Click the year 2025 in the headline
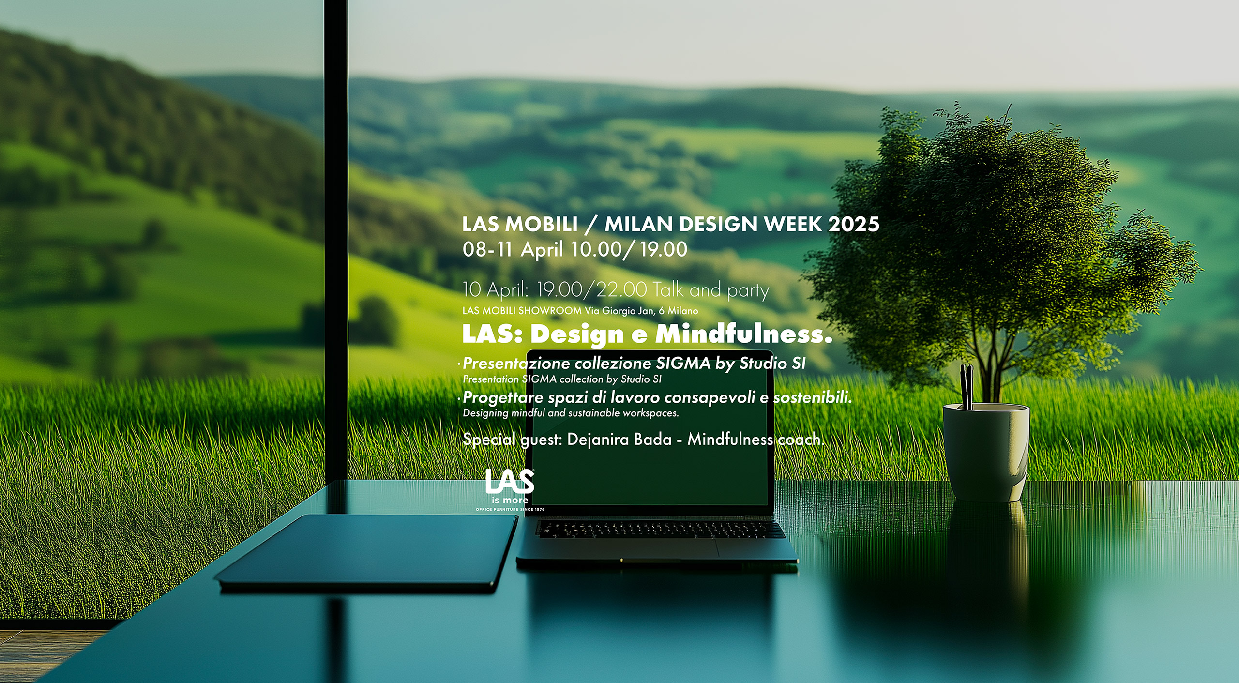point(854,224)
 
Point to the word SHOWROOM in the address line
point(550,311)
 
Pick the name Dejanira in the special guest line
point(595,440)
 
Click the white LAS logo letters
point(509,483)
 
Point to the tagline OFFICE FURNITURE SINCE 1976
point(510,510)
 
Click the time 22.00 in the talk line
point(621,290)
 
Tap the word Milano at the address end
point(682,311)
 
